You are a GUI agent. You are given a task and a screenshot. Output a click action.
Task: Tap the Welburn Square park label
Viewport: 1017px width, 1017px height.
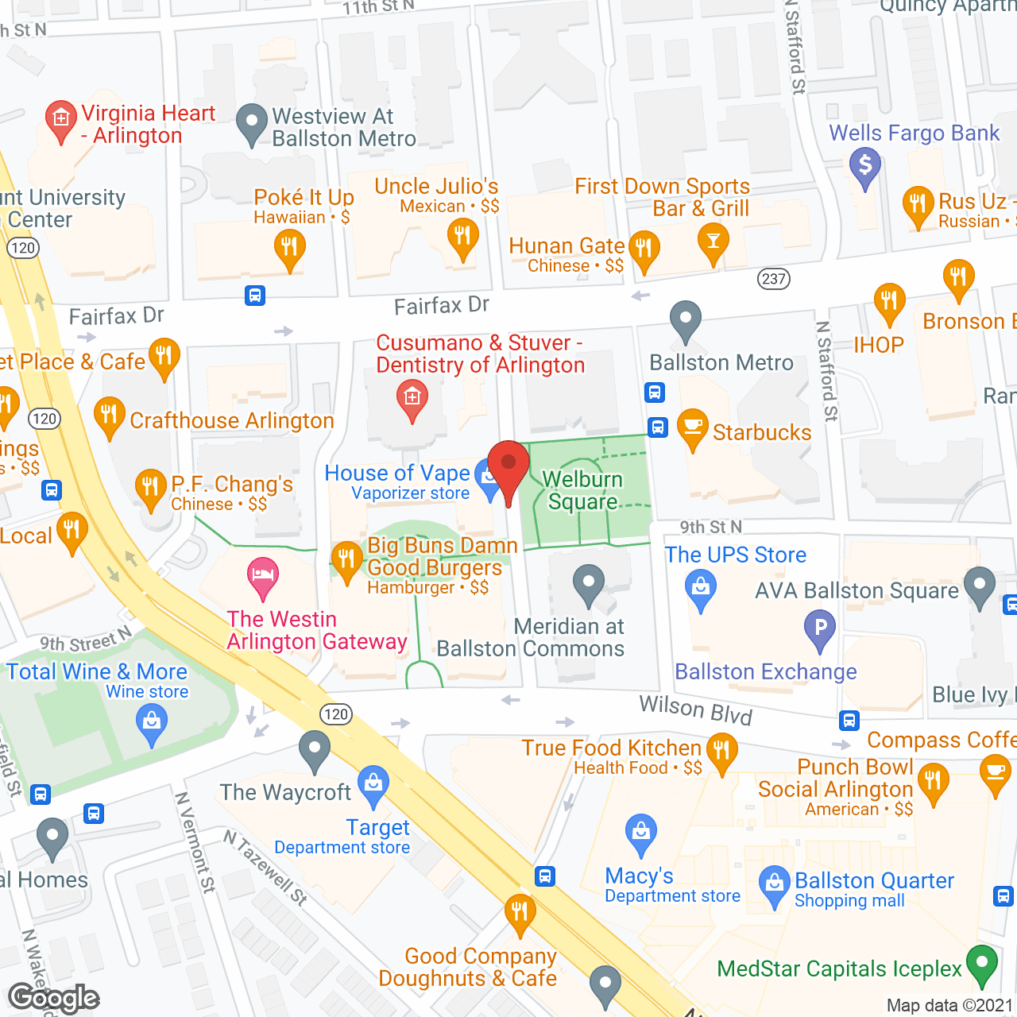click(x=582, y=490)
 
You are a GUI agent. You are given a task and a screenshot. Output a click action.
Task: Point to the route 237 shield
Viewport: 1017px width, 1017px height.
click(x=773, y=279)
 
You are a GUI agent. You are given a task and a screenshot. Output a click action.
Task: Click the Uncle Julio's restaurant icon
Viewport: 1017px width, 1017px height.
click(x=462, y=237)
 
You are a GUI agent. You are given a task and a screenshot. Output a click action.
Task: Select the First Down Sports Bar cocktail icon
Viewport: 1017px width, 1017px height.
click(x=713, y=242)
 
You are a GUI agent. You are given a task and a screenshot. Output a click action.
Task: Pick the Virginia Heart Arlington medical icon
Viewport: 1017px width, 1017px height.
click(x=60, y=120)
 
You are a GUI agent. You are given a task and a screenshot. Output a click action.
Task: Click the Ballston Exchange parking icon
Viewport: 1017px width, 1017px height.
click(x=820, y=628)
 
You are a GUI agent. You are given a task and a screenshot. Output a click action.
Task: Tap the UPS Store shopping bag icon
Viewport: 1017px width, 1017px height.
click(x=700, y=588)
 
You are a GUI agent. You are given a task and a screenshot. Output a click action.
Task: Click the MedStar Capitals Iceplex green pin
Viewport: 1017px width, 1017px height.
click(x=982, y=964)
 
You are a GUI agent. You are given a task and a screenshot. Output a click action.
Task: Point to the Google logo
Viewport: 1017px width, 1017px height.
click(x=53, y=998)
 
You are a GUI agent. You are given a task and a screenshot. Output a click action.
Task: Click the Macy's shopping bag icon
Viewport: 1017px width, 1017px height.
click(x=640, y=833)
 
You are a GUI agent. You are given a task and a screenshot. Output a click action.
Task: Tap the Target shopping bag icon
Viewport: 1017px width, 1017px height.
click(x=373, y=783)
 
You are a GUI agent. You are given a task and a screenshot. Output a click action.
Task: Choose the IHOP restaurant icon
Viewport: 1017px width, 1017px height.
click(x=889, y=302)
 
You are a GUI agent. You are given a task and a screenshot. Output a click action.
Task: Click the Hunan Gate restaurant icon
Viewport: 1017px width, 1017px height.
click(x=644, y=249)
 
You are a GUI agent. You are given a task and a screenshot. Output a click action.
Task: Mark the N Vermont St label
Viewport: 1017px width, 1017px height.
click(x=195, y=842)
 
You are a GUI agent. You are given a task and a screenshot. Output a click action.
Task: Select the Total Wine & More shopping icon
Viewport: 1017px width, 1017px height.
click(x=151, y=725)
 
